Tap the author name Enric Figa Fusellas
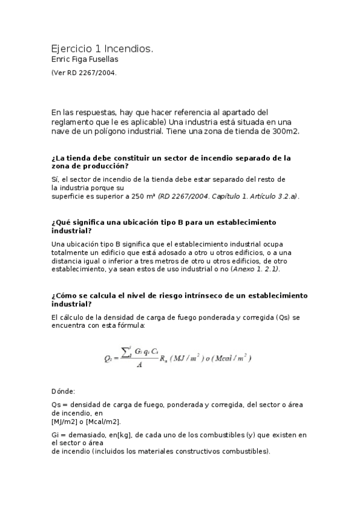coord(85,59)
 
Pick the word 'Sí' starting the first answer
coord(55,179)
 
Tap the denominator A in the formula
coord(139,364)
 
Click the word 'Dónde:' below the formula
coord(63,391)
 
